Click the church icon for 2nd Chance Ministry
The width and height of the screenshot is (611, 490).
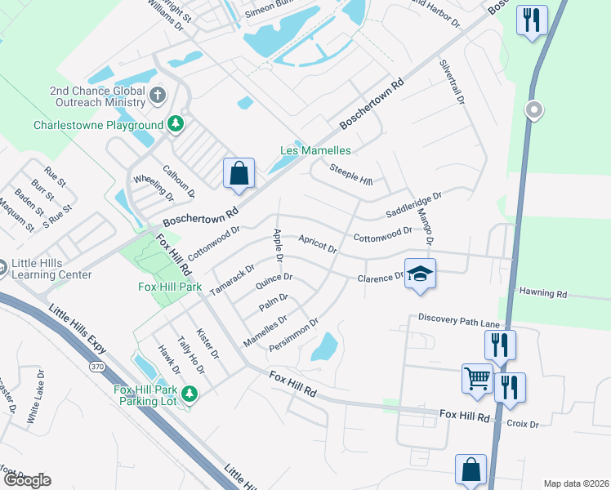pyautogui.click(x=158, y=96)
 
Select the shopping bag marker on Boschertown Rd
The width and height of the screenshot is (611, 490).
pyautogui.click(x=239, y=173)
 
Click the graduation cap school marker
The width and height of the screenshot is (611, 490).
pyautogui.click(x=420, y=274)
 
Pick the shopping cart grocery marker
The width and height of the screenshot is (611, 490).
pyautogui.click(x=477, y=378)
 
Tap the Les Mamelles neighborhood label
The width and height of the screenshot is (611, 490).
pyautogui.click(x=315, y=151)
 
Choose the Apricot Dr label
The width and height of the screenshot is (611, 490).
pyautogui.click(x=318, y=243)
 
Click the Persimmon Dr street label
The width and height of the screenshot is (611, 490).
pyautogui.click(x=292, y=334)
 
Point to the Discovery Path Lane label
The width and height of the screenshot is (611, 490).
pyautogui.click(x=458, y=321)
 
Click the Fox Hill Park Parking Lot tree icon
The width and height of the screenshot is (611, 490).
pyautogui.click(x=190, y=394)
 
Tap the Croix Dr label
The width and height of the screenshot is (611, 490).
pyautogui.click(x=523, y=424)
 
